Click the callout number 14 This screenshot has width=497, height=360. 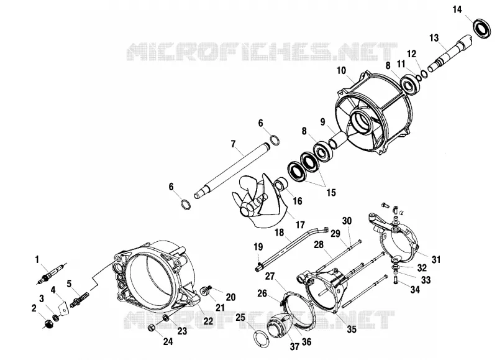(x=457, y=10)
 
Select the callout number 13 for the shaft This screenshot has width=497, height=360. (x=434, y=38)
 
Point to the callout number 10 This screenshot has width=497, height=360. (x=341, y=70)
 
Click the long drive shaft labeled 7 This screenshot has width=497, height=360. (x=232, y=171)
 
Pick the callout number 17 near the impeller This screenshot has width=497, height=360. (x=300, y=225)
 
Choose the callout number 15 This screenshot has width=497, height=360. (x=331, y=193)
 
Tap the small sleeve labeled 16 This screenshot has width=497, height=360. (x=281, y=185)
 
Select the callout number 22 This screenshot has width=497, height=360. (x=208, y=321)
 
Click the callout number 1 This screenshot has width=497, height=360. (x=37, y=260)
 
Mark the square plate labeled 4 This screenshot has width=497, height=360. (x=64, y=308)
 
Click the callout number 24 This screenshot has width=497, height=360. (x=168, y=341)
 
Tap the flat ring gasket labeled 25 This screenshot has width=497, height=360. (x=262, y=339)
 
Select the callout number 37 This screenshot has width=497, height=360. (x=294, y=346)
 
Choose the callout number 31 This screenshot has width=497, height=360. (x=436, y=259)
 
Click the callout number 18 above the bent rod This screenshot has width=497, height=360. (x=279, y=233)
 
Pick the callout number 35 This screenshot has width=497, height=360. (x=352, y=330)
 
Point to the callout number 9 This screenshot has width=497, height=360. (x=322, y=122)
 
